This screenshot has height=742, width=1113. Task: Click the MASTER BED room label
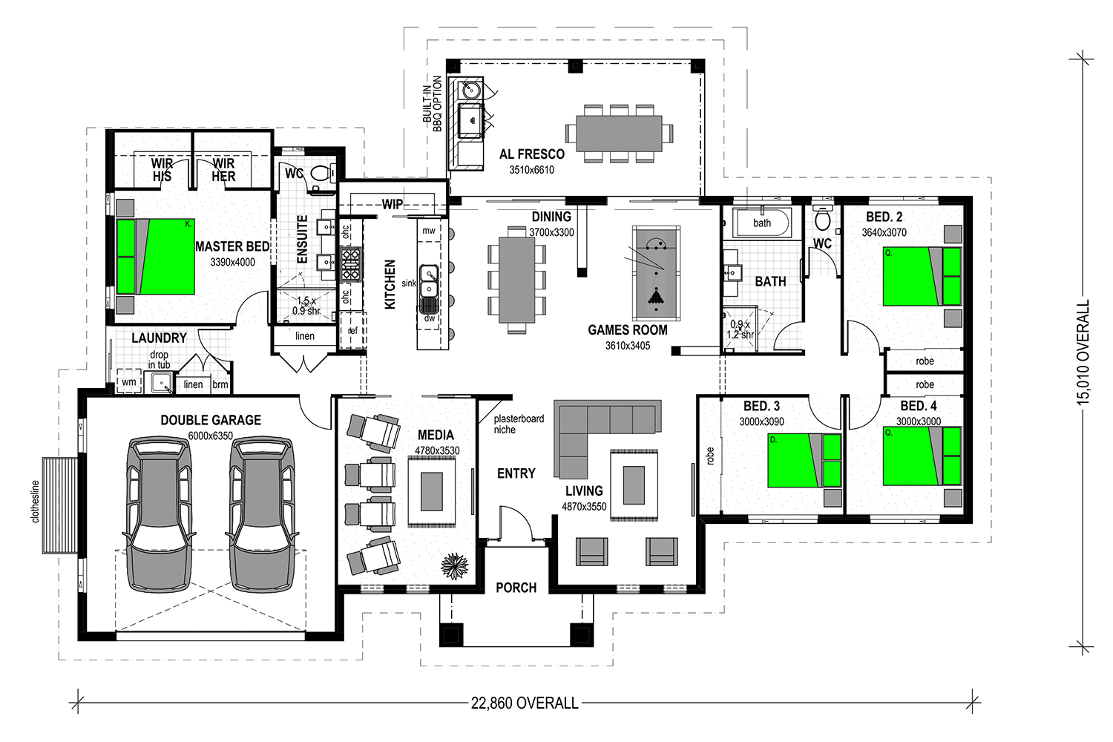[232, 246]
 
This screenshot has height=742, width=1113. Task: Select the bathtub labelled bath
[762, 223]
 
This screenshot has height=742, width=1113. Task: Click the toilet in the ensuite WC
[321, 173]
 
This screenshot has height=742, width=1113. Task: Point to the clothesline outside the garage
[59, 505]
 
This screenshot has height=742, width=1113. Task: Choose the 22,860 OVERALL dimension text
[525, 703]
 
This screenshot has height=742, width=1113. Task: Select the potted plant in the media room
[455, 566]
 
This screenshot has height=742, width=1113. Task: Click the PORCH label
[516, 588]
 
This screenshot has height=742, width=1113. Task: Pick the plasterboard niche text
[519, 424]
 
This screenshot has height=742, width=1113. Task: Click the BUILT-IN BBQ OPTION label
[433, 104]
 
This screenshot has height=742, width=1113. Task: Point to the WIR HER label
[223, 170]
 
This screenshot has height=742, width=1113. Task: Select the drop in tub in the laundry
[161, 382]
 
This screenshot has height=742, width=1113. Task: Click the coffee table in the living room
[634, 485]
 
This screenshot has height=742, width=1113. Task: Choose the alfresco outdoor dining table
[619, 134]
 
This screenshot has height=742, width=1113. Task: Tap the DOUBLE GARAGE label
[211, 420]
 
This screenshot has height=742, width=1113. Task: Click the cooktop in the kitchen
[350, 264]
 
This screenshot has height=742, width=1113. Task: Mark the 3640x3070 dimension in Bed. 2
[884, 232]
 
